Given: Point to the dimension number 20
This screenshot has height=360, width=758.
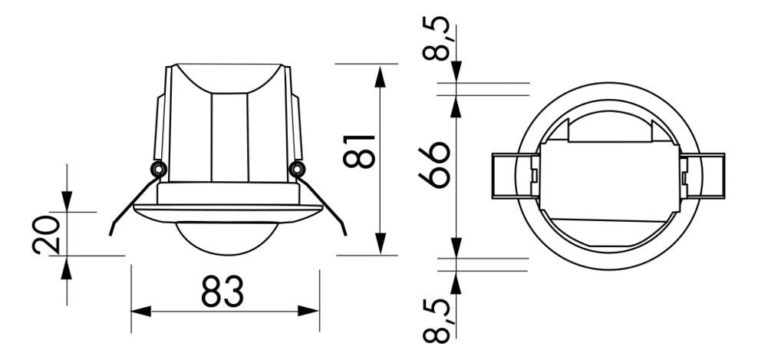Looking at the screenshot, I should tap(46, 234).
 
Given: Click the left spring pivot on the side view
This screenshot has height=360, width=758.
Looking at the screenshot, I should tap(158, 169).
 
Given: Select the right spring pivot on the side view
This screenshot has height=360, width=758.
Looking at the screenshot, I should tap(296, 169).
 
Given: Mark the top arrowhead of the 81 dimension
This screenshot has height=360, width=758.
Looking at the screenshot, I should tap(380, 74).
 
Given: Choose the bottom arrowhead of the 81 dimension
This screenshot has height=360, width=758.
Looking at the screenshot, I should tap(380, 246).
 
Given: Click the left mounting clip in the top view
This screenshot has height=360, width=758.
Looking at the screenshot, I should tap(513, 177).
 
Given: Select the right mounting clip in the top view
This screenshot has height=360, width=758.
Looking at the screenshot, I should tap(701, 177).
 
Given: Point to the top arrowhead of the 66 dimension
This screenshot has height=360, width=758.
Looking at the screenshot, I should tap(456, 105).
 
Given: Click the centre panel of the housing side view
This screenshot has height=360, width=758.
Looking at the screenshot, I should tap(229, 138).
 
